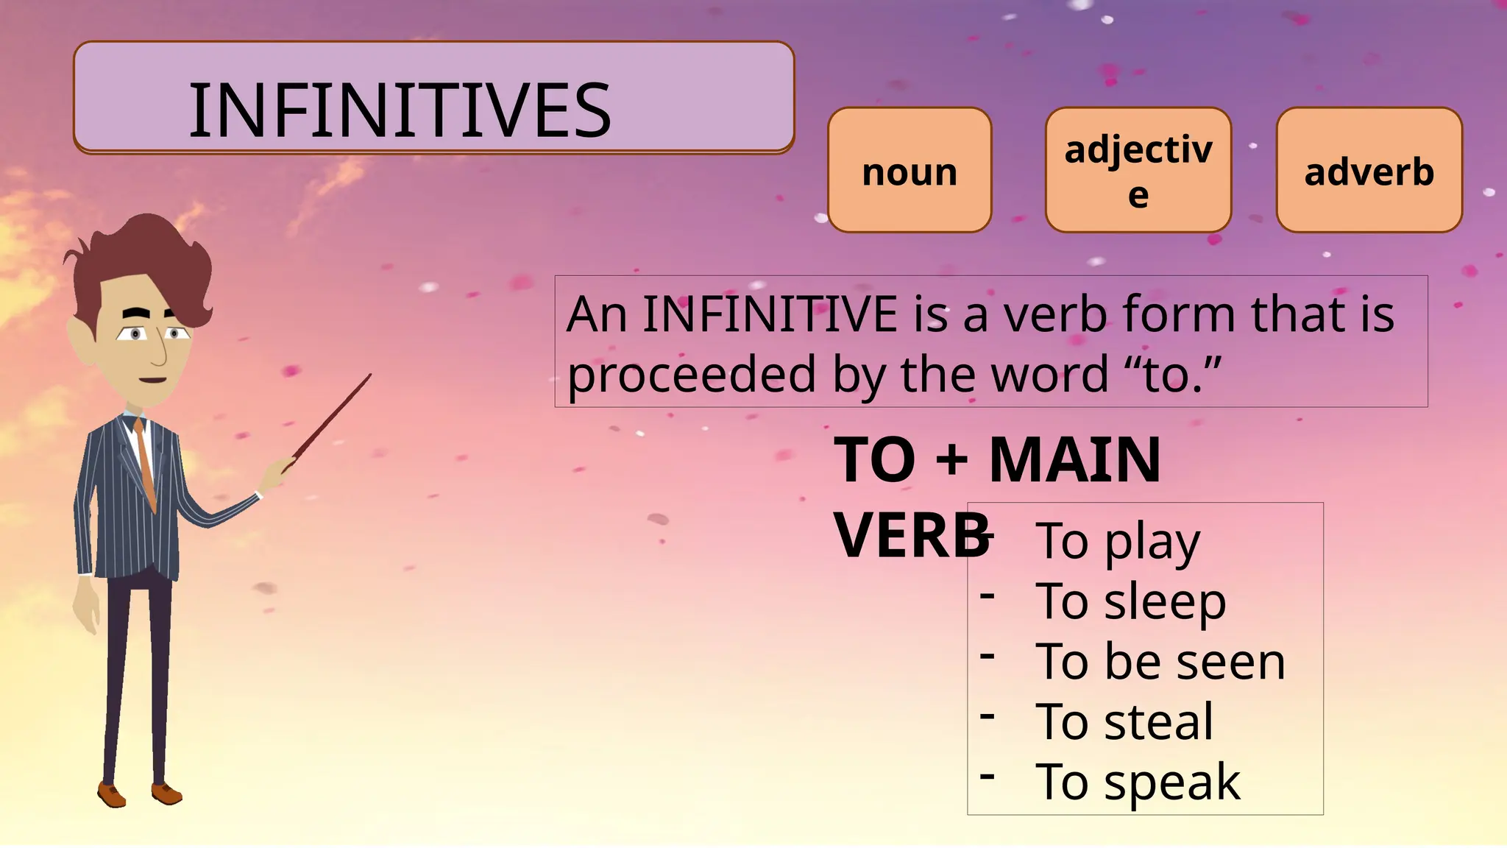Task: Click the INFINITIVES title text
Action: pos(400,110)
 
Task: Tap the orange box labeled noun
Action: pos(909,171)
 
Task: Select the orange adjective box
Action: pos(1138,171)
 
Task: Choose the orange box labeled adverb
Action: pos(1369,171)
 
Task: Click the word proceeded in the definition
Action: pos(692,375)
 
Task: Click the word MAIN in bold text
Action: pos(1075,460)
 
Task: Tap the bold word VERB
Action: pos(911,536)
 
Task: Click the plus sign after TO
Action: pos(952,460)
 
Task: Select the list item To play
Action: pos(1118,541)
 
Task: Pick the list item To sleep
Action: pos(1131,601)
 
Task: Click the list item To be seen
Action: pos(1160,662)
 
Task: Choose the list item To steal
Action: pos(1124,721)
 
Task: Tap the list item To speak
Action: pos(1138,782)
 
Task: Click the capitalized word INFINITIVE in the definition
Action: pos(770,314)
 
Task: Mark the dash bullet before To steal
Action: pos(987,715)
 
